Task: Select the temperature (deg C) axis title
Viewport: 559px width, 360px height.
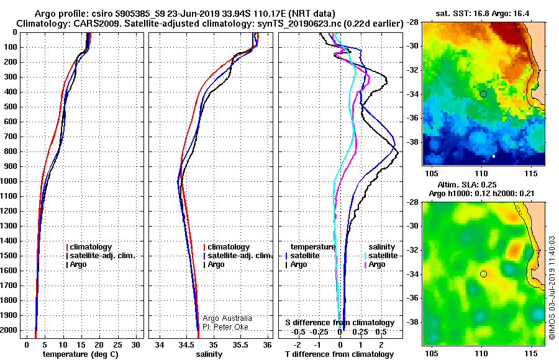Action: tap(81, 354)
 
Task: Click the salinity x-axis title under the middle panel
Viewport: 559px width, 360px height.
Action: tap(209, 354)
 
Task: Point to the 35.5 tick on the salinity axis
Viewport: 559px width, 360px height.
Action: tap(240, 345)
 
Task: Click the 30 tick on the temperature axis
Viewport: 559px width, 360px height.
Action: tap(136, 345)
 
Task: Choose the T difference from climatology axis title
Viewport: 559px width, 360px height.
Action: tap(339, 354)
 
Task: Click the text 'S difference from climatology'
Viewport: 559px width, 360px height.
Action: tap(340, 323)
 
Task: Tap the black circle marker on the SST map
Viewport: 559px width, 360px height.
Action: tap(483, 94)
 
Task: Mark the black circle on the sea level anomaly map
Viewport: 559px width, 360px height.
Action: tap(483, 274)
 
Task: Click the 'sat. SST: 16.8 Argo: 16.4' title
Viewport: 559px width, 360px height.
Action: tap(483, 14)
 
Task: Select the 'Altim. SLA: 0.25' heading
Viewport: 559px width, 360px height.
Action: tap(466, 184)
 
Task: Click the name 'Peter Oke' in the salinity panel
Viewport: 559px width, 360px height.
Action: tap(230, 327)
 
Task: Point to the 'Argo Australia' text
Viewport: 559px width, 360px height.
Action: tap(227, 318)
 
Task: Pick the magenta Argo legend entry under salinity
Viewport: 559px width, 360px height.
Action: tap(375, 264)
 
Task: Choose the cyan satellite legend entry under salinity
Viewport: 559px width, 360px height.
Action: tap(381, 256)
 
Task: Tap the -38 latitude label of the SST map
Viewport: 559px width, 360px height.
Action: tap(413, 142)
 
